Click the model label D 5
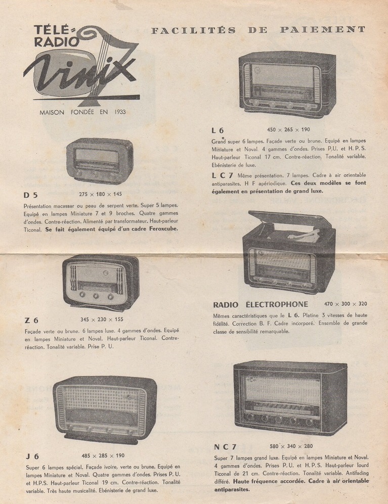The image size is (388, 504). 30,195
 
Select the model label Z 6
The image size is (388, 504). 31,320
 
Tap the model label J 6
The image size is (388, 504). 32,456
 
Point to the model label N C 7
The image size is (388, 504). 225,447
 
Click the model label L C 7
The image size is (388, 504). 222,175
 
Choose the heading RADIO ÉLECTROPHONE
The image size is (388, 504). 261,304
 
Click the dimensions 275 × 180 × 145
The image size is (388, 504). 100,194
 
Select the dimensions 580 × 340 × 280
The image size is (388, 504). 291,446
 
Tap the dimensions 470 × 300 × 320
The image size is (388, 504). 346,304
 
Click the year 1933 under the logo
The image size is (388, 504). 120,112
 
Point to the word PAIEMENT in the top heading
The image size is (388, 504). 323,29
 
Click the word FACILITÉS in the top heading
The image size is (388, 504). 193,30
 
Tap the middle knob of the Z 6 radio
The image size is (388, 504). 96,295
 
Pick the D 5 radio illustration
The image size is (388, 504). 100,161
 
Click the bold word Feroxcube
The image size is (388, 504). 163,229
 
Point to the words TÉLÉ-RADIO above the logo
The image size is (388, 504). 56,36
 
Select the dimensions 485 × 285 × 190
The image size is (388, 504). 103,456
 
